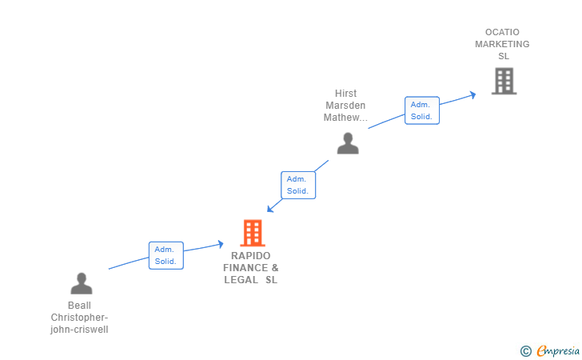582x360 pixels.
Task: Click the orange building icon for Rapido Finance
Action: pyautogui.click(x=253, y=233)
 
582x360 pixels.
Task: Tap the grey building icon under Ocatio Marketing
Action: pyautogui.click(x=504, y=81)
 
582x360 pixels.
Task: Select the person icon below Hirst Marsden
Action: pyautogui.click(x=348, y=143)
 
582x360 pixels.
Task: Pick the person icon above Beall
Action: pyautogui.click(x=82, y=283)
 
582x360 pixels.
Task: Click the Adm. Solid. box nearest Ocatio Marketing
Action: pyautogui.click(x=422, y=110)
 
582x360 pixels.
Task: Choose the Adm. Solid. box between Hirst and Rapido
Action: pyautogui.click(x=298, y=185)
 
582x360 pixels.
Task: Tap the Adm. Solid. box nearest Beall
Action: pyautogui.click(x=166, y=255)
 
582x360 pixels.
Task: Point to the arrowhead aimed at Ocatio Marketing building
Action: pyautogui.click(x=473, y=95)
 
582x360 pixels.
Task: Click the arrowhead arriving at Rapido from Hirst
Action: pyautogui.click(x=270, y=209)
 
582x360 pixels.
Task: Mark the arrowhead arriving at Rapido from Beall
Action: pyautogui.click(x=221, y=244)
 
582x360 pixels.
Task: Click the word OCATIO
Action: pyautogui.click(x=502, y=32)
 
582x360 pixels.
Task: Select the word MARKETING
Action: pyautogui.click(x=502, y=44)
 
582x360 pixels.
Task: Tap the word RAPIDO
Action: pyautogui.click(x=251, y=256)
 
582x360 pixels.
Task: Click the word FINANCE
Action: pyautogui.click(x=245, y=268)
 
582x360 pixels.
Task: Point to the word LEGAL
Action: pyautogui.click(x=241, y=280)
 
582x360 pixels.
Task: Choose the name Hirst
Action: pyautogui.click(x=345, y=94)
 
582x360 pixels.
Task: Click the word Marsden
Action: pyautogui.click(x=345, y=106)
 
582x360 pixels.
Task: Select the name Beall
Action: pyautogui.click(x=79, y=306)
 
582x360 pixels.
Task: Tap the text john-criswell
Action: pyautogui.click(x=79, y=330)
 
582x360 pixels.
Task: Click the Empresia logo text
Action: pyautogui.click(x=558, y=350)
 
